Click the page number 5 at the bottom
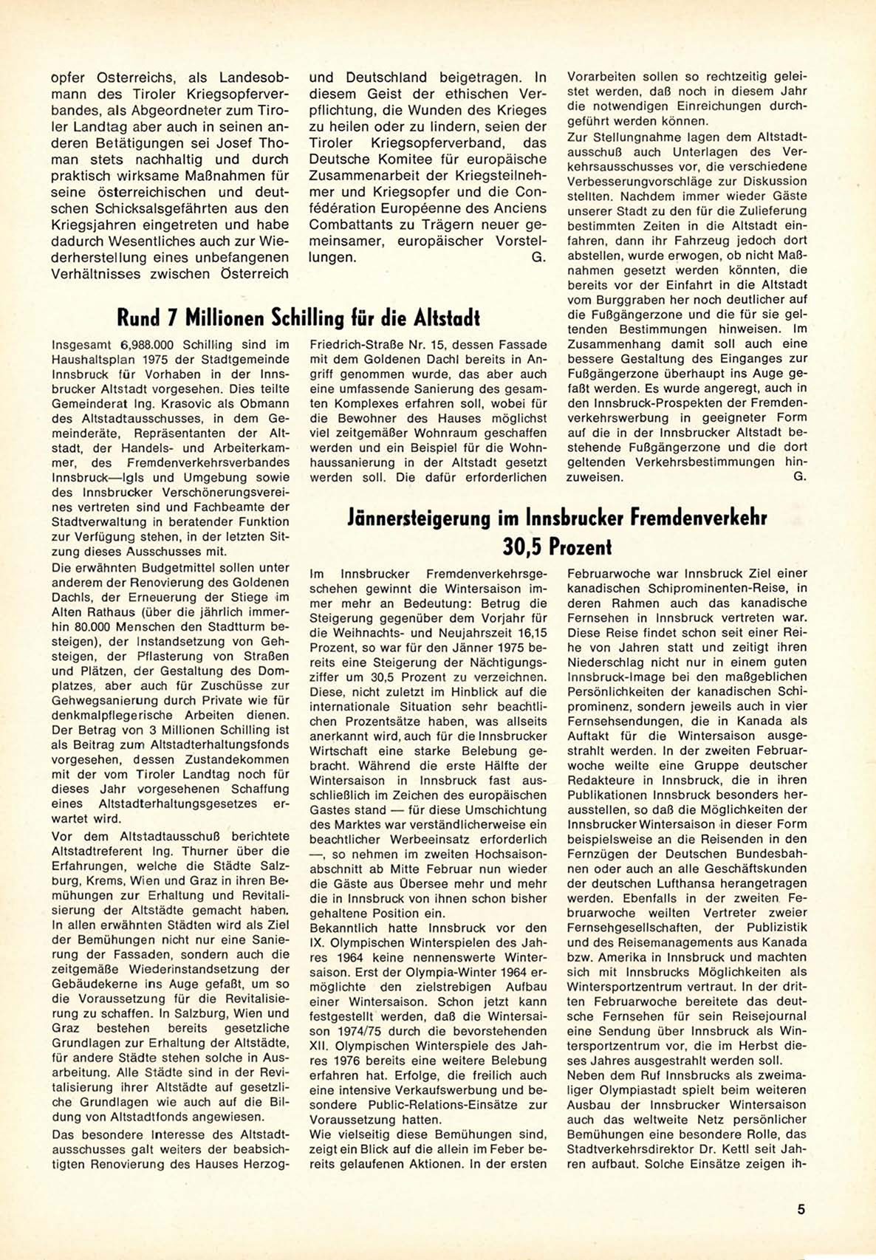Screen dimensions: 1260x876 (801, 1210)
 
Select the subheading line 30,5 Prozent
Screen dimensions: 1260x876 (557, 547)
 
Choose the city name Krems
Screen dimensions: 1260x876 (114, 881)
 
